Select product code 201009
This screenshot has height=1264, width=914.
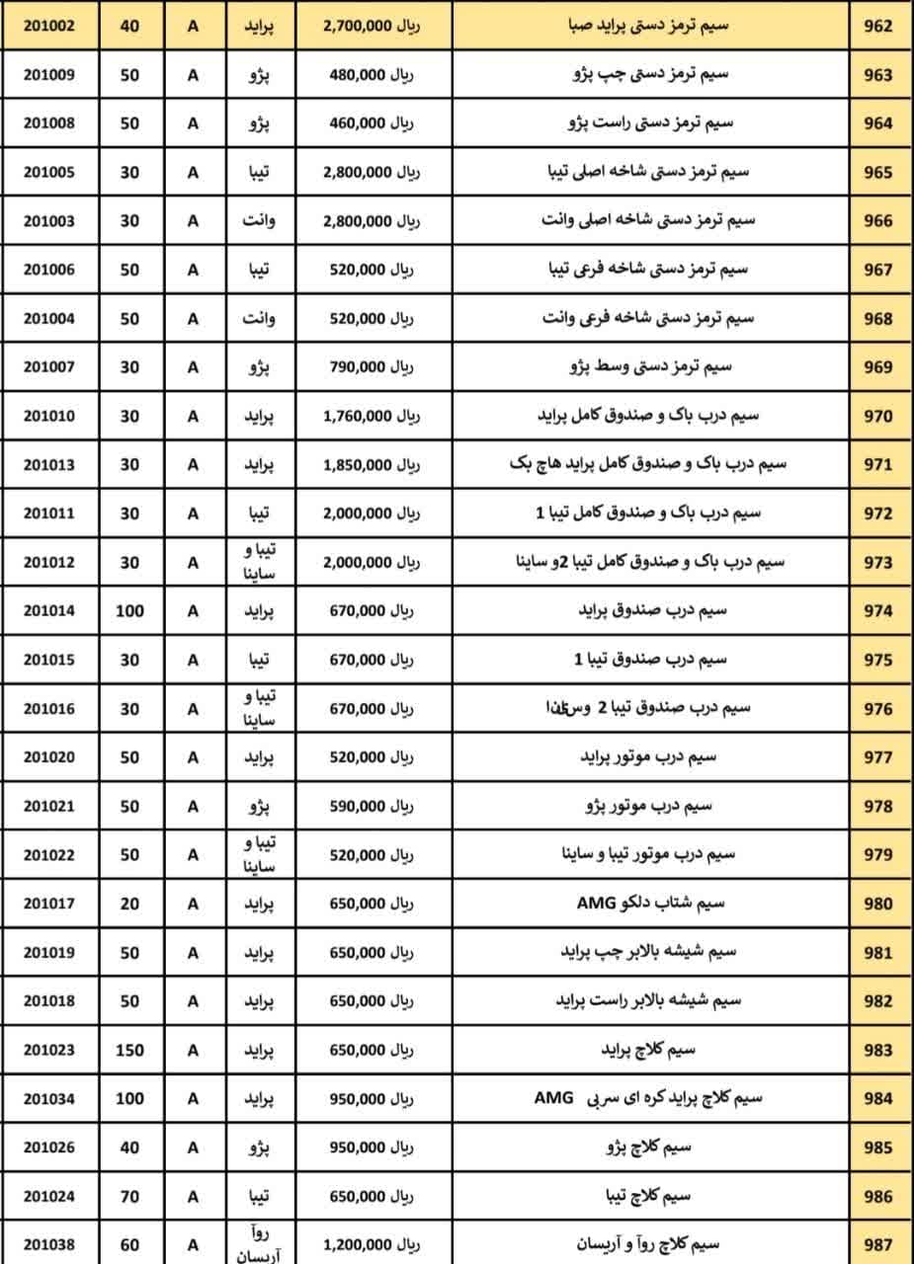click(x=48, y=75)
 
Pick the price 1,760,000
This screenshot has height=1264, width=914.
click(x=357, y=416)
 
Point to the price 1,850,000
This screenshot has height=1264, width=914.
click(x=357, y=464)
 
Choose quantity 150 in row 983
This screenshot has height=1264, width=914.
click(x=129, y=1050)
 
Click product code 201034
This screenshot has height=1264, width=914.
click(x=48, y=1098)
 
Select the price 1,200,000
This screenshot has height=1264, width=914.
click(x=357, y=1245)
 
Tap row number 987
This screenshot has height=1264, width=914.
click(x=877, y=1245)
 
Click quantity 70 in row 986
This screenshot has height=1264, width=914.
click(x=129, y=1196)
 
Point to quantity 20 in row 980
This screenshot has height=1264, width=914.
click(x=129, y=904)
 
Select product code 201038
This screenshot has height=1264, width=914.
click(x=48, y=1245)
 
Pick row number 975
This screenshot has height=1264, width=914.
click(x=877, y=660)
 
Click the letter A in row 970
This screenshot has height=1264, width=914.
click(x=193, y=416)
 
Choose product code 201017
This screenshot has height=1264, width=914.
click(x=48, y=904)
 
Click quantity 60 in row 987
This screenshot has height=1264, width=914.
click(x=129, y=1245)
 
